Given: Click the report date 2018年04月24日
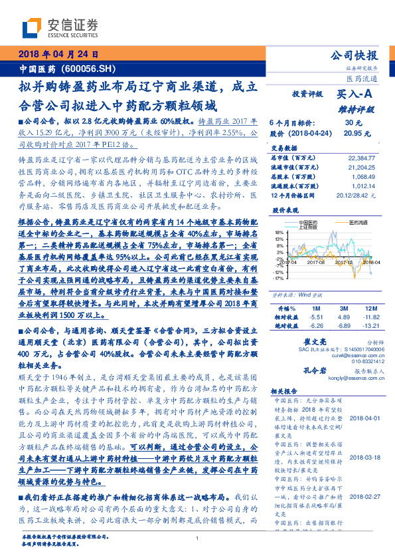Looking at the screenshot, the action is (x=58, y=55).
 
